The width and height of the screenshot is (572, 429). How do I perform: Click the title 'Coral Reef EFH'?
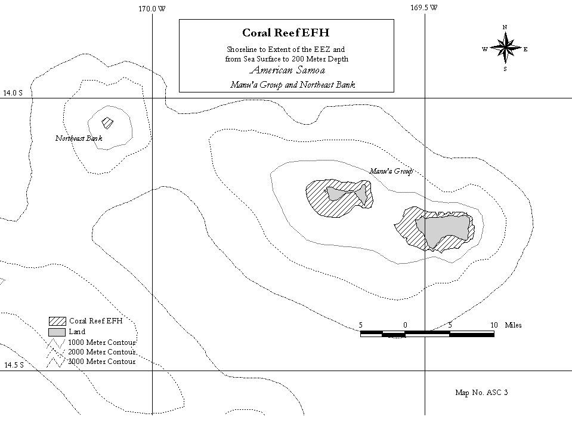coord(286,33)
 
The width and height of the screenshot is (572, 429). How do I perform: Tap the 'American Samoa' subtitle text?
coord(287,70)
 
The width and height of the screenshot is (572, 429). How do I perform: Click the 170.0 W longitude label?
coord(151,9)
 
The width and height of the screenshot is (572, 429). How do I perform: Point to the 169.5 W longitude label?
coord(424,8)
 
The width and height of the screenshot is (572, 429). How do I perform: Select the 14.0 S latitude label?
coord(13,93)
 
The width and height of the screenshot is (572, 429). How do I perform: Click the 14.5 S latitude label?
coord(14,365)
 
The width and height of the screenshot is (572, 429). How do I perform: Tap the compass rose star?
coord(505,47)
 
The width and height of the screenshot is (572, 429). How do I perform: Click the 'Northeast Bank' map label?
coord(79,138)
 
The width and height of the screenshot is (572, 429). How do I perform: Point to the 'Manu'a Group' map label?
coord(391,171)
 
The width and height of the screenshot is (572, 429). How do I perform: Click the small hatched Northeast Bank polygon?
coord(107,123)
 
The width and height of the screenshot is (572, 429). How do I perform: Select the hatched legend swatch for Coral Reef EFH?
coord(57,321)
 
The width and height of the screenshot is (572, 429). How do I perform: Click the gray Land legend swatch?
coord(57,332)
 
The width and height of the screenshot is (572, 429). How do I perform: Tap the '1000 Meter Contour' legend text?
coord(102,342)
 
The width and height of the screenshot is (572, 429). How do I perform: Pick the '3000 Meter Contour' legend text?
coord(102,362)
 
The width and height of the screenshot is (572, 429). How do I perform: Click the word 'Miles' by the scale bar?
coord(514,325)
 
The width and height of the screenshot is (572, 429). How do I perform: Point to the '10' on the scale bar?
coord(494,325)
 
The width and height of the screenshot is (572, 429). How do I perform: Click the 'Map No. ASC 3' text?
coord(481,393)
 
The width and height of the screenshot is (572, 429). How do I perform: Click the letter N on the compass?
coord(505,27)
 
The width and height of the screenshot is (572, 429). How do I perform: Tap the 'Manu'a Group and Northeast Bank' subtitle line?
coord(293,85)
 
